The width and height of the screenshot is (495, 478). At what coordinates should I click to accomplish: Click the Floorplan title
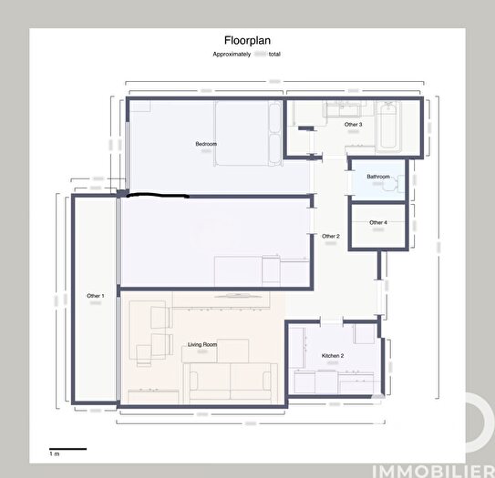point(247,40)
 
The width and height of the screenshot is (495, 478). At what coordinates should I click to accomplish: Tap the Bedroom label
point(205,145)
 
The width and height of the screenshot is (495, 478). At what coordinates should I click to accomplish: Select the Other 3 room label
point(353,124)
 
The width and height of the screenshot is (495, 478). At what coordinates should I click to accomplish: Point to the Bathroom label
point(378,176)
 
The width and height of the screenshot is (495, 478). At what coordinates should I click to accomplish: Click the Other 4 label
point(378,222)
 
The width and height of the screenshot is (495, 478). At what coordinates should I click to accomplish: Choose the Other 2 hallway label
point(330,236)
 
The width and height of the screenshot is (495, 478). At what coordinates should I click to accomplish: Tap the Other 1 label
point(96,296)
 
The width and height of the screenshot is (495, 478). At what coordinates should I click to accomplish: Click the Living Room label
point(201,345)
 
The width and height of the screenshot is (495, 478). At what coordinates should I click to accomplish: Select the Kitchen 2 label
point(332,355)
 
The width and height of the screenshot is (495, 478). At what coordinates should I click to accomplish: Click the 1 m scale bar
point(67,448)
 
